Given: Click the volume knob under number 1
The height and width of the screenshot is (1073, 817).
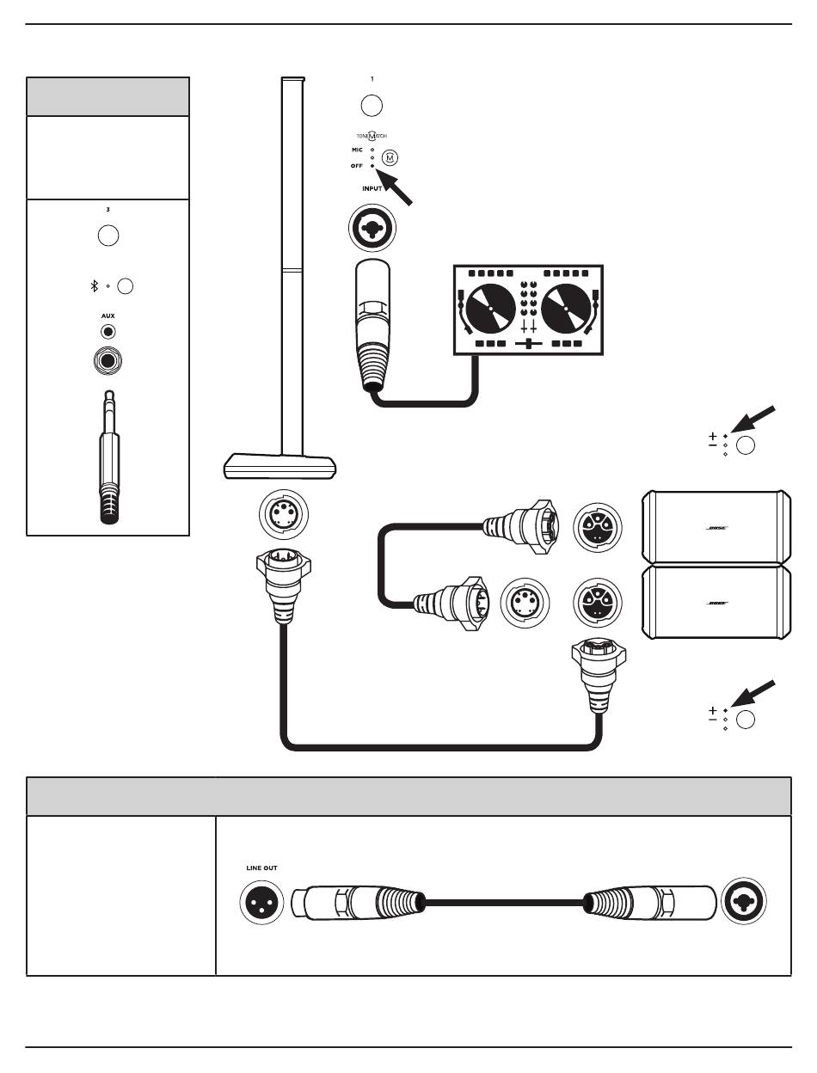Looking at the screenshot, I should [x=372, y=106].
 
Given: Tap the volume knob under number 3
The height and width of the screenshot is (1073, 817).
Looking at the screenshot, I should [x=107, y=236].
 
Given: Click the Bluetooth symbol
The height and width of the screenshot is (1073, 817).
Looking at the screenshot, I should [x=95, y=286].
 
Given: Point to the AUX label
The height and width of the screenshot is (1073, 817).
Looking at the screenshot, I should [x=107, y=316].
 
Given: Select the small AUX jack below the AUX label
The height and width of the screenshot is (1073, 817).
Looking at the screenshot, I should [x=107, y=331].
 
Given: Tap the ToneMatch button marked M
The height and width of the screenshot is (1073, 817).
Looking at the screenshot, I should [x=390, y=157].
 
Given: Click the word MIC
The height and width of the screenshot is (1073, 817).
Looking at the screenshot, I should [x=357, y=150].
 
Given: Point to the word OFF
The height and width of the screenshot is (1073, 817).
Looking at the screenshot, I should [x=357, y=165].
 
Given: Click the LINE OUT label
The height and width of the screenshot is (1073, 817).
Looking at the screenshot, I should [x=261, y=868].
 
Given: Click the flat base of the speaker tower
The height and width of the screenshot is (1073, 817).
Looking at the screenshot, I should [x=279, y=467].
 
